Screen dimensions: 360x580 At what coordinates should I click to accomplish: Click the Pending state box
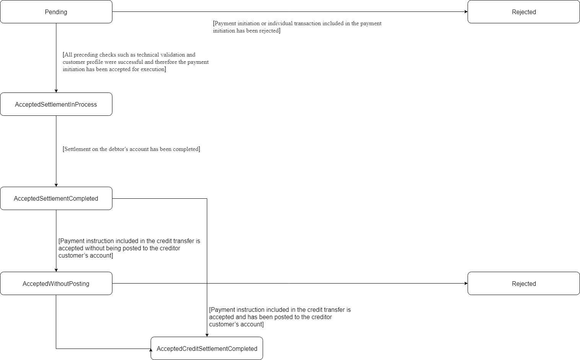56,12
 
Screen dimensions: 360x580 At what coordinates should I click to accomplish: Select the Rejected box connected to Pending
523,12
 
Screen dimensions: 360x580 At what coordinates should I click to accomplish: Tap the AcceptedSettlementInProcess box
56,104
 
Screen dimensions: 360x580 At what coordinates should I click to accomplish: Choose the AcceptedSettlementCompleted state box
56,198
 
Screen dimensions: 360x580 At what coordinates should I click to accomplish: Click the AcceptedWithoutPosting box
56,284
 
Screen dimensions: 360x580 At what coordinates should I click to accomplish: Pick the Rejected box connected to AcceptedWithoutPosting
523,284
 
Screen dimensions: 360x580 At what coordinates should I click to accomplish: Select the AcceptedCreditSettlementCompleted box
207,349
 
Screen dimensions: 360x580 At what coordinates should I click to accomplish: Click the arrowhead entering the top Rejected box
466,12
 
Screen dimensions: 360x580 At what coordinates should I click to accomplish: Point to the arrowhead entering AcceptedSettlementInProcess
56,91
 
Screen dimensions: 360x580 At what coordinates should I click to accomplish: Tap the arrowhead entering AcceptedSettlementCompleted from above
56,185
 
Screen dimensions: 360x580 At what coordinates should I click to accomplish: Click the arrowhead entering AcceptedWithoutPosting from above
56,270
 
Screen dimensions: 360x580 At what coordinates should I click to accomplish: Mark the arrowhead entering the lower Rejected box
466,284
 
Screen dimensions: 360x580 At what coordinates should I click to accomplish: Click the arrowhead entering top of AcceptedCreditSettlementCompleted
207,335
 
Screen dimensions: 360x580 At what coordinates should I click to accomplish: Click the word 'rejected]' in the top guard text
269,31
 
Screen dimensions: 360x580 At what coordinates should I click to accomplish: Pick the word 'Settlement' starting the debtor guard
77,149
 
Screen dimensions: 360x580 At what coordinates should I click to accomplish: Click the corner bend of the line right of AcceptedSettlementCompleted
207,199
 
